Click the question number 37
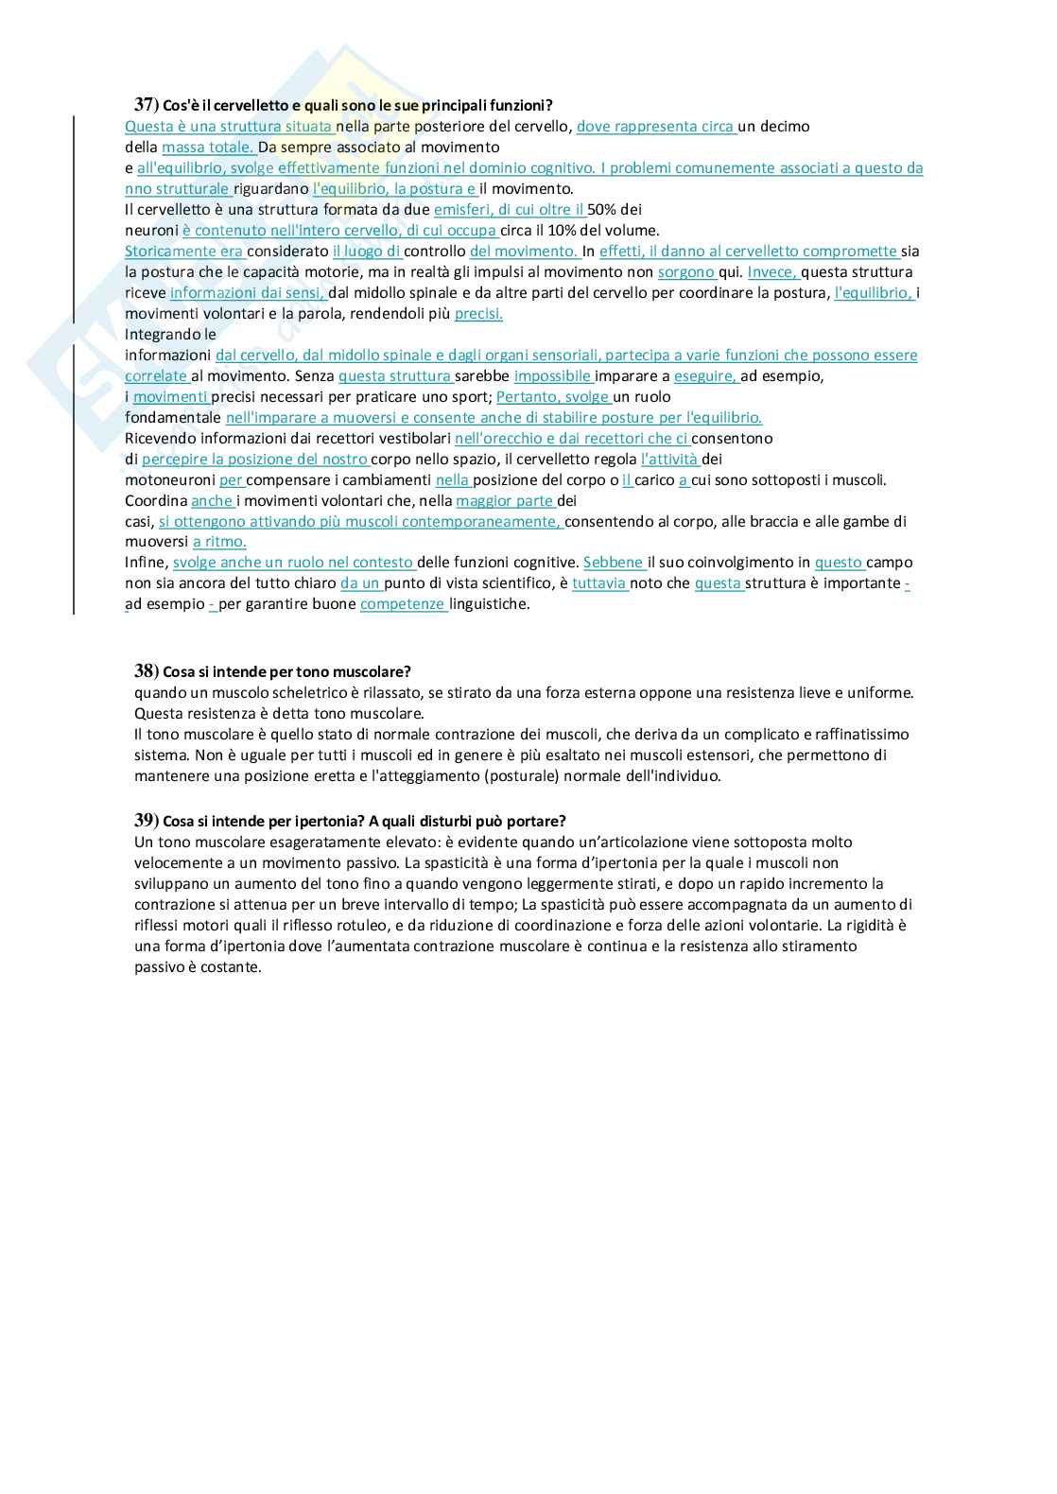click(x=145, y=105)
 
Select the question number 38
click(x=145, y=671)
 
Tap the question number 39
click(x=145, y=820)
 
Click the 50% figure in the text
click(x=601, y=209)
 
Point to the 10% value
click(x=553, y=230)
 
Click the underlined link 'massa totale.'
click(x=208, y=147)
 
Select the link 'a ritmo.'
click(x=219, y=542)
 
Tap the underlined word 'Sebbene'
click(x=614, y=563)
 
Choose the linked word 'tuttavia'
click(x=599, y=583)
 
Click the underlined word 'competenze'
click(x=403, y=604)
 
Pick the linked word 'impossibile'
click(x=552, y=375)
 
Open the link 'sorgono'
click(x=686, y=271)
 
